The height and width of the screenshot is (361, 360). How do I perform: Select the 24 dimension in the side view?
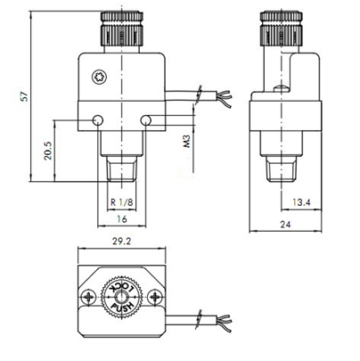coord(283,225)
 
